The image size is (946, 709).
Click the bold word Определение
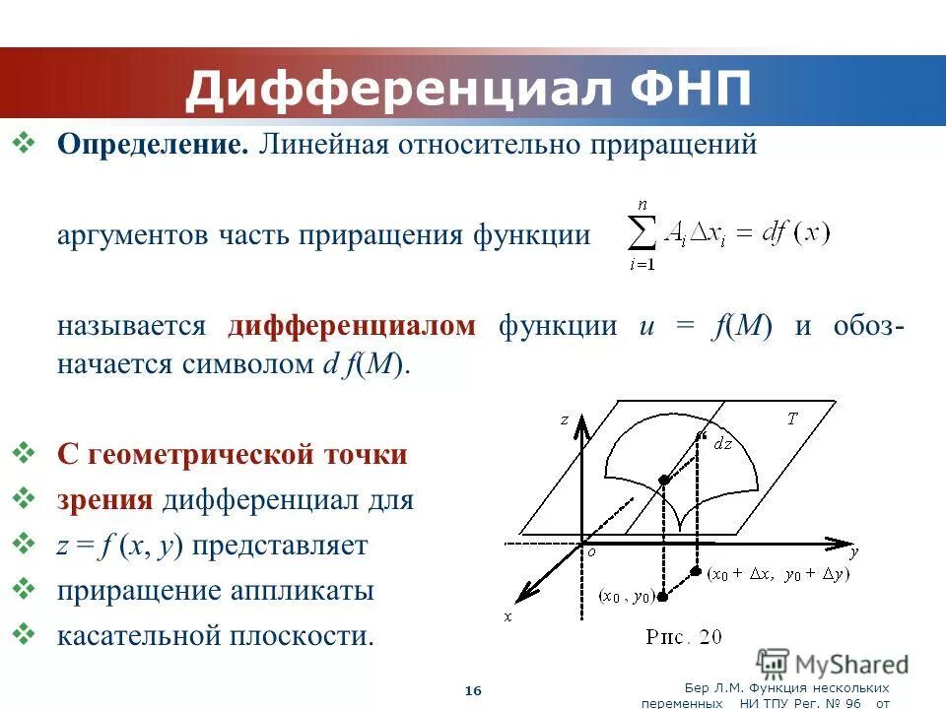[152, 145]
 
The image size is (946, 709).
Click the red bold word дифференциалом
[352, 327]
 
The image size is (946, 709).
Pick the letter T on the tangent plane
[791, 419]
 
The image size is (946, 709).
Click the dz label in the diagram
[722, 443]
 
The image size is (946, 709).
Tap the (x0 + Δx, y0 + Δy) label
[778, 573]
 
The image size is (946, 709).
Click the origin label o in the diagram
[592, 553]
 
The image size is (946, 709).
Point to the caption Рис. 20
[683, 637]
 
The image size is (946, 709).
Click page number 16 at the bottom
[473, 691]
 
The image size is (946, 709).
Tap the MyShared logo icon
[774, 663]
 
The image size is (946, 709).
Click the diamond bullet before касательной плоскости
[26, 633]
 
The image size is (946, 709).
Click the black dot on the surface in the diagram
[664, 480]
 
